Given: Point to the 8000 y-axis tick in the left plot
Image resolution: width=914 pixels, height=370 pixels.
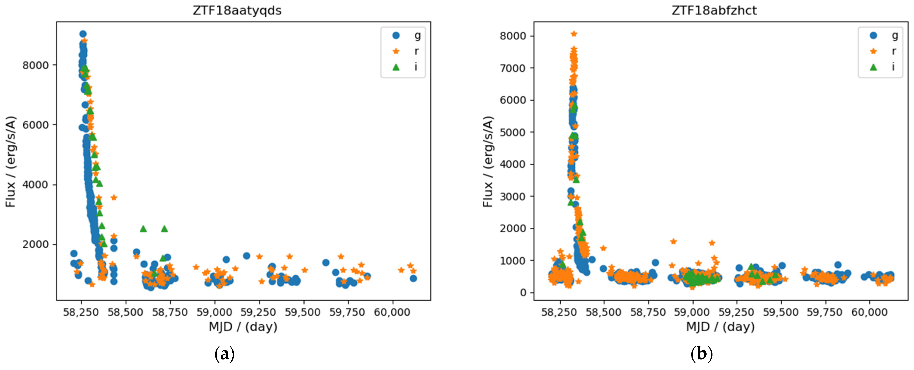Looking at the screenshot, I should tap(35, 65).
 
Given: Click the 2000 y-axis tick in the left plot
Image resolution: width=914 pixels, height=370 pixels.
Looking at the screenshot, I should tap(35, 244).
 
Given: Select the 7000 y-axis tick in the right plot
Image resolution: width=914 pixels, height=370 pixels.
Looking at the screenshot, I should tap(513, 68).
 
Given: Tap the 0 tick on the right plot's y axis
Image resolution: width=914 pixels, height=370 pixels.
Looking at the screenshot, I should tap(523, 293).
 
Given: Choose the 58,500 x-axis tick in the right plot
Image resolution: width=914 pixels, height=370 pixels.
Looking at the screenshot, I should tap(603, 312).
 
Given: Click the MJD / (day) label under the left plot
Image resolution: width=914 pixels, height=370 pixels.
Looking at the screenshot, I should tap(243, 327).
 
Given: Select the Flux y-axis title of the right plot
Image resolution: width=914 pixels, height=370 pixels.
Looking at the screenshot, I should tap(488, 162).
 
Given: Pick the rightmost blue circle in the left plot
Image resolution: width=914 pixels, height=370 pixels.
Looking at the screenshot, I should tap(413, 278).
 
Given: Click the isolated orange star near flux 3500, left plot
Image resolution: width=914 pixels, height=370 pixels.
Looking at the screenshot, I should tap(114, 197).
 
